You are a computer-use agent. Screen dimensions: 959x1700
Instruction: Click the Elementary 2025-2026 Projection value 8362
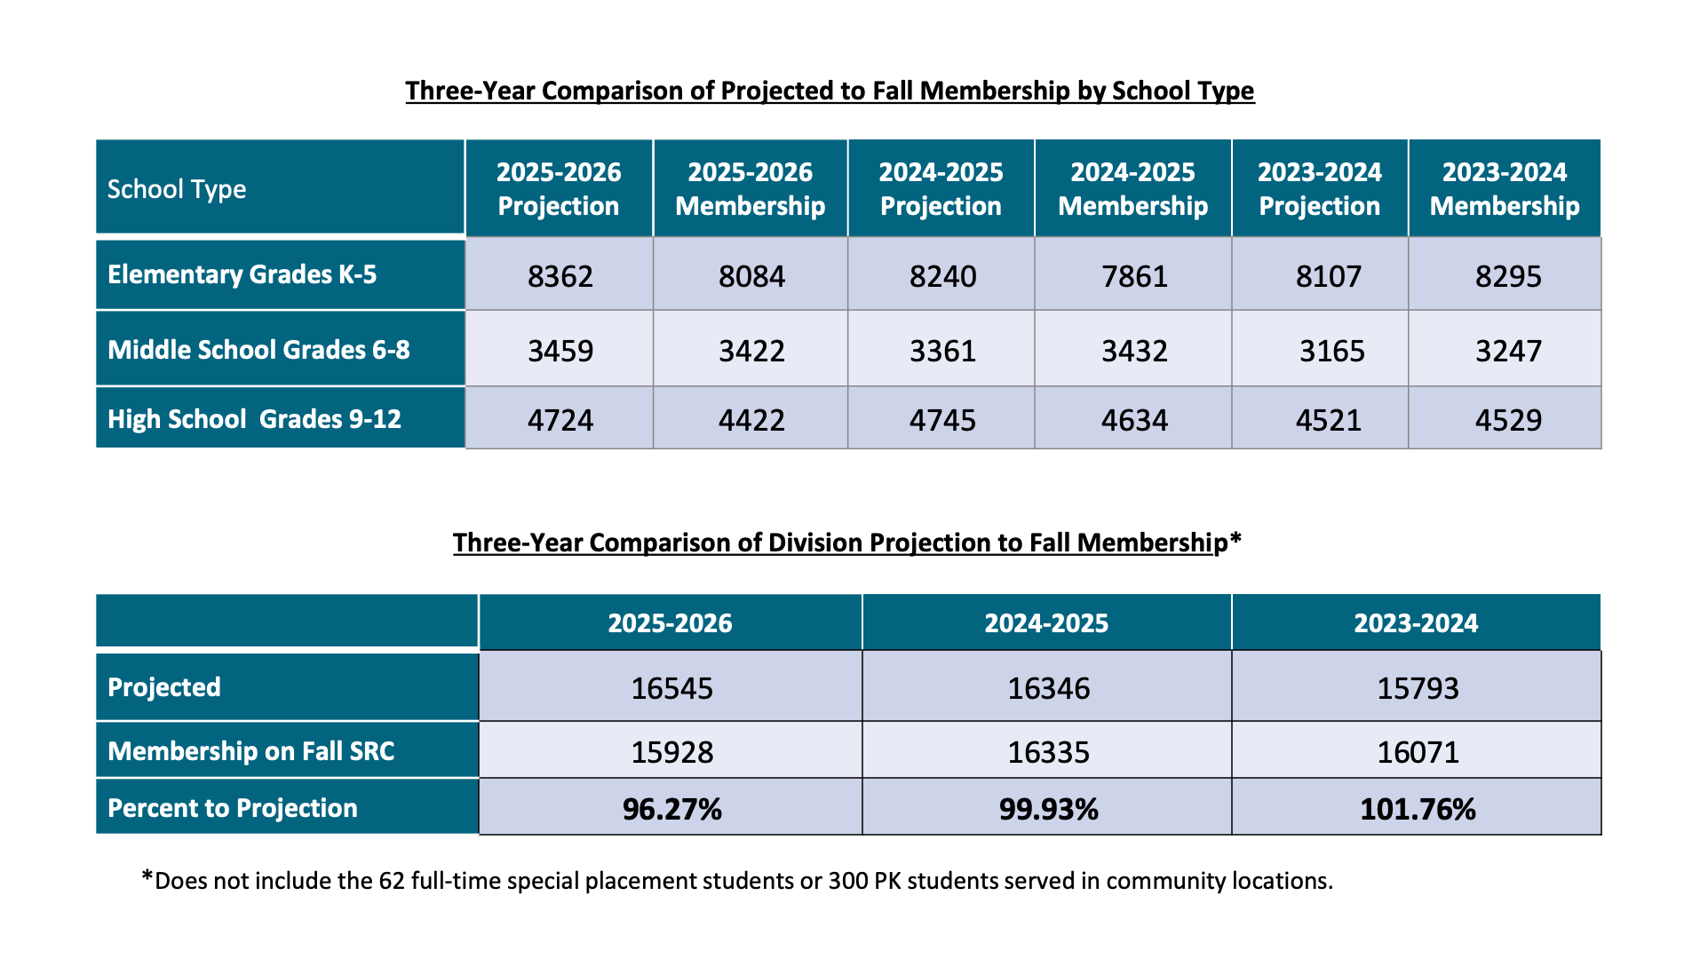[x=560, y=276]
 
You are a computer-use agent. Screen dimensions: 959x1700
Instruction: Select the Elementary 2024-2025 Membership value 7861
[x=1134, y=276]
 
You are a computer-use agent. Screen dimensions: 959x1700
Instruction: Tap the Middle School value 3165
[x=1331, y=351]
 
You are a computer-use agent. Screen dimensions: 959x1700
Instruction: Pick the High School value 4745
[x=942, y=420]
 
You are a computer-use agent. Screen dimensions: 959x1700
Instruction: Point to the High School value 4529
[x=1508, y=420]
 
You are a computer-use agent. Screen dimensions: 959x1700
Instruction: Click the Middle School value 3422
[x=751, y=351]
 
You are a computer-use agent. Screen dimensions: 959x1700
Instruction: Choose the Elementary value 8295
[x=1508, y=276]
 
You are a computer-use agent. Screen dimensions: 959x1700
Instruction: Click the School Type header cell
[x=177, y=189]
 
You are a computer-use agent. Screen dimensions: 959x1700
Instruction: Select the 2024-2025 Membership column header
[x=1132, y=189]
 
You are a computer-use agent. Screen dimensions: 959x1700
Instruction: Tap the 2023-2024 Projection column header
[x=1320, y=189]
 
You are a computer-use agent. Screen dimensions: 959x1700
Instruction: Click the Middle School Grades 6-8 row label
[x=258, y=350]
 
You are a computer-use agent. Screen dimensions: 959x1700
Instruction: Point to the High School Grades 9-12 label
[x=254, y=419]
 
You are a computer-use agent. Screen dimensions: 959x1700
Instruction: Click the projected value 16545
[x=671, y=688]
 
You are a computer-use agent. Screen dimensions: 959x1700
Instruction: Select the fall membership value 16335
[x=1048, y=752]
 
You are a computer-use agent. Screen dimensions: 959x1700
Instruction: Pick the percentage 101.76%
[x=1418, y=809]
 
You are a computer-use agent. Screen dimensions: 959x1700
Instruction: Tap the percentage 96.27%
[x=671, y=809]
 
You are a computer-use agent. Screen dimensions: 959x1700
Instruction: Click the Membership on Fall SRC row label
[x=250, y=751]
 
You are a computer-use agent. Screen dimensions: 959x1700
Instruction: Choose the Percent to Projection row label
[x=232, y=808]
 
